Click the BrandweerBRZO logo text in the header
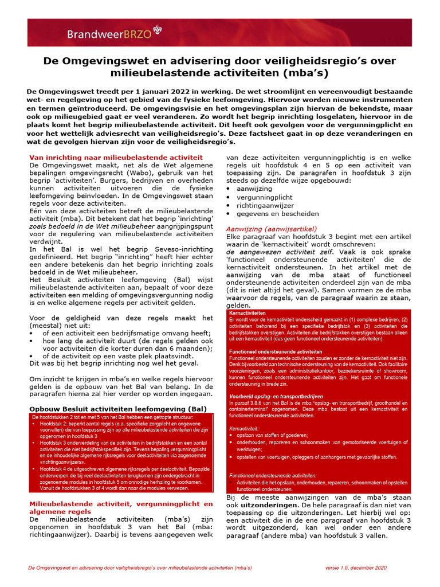pyautogui.click(x=109, y=34)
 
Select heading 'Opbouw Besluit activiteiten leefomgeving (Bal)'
pyautogui.click(x=117, y=409)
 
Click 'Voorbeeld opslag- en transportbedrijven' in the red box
pyautogui.click(x=276, y=396)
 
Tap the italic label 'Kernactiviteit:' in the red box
pyautogui.click(x=244, y=428)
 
